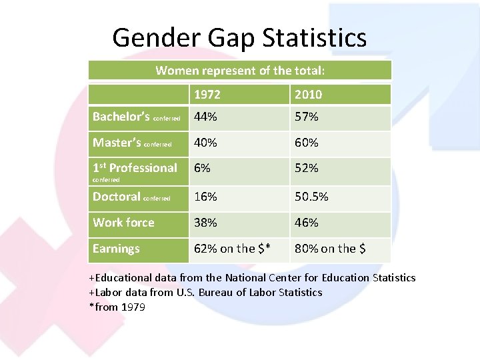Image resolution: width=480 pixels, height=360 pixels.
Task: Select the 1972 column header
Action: pyautogui.click(x=207, y=94)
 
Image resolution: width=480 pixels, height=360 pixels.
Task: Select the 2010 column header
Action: pyautogui.click(x=308, y=94)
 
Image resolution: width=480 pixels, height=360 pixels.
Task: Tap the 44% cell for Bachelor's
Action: pyautogui.click(x=205, y=117)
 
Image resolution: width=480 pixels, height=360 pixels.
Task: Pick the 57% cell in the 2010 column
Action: pyautogui.click(x=307, y=117)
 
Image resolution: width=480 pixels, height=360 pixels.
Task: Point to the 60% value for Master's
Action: pyautogui.click(x=307, y=142)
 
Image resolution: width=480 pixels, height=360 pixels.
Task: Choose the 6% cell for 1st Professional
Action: pyautogui.click(x=201, y=168)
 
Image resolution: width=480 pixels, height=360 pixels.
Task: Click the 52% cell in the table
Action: pyautogui.click(x=307, y=168)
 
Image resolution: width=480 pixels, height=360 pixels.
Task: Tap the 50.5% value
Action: pyautogui.click(x=311, y=197)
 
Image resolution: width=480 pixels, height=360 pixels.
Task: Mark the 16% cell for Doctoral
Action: pyautogui.click(x=205, y=197)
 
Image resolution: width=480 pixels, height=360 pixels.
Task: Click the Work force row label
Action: pyautogui.click(x=123, y=223)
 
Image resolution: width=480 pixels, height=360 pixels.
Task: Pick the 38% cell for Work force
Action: pyautogui.click(x=205, y=223)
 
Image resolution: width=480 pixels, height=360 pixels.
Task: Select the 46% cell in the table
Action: pyautogui.click(x=307, y=223)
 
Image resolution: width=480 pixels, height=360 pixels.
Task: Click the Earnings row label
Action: pyautogui.click(x=116, y=249)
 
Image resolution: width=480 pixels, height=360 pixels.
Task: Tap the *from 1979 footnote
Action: pyautogui.click(x=117, y=307)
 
